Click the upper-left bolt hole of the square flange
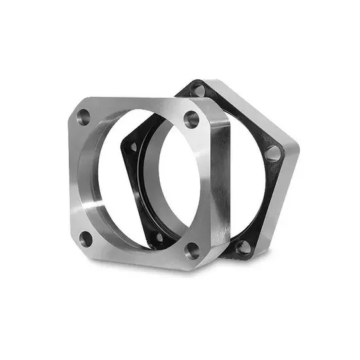pyautogui.click(x=84, y=118)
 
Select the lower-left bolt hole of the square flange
pyautogui.click(x=85, y=239)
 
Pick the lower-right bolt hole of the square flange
pyautogui.click(x=190, y=249)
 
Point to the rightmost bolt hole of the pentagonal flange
pyautogui.click(x=272, y=154)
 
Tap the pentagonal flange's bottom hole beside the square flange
pyautogui.click(x=243, y=247)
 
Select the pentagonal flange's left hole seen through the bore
pyautogui.click(x=134, y=148)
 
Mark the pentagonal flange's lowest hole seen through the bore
pyautogui.click(x=158, y=236)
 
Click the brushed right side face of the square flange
pyautogui.click(x=219, y=183)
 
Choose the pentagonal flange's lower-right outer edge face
pyautogui.click(x=278, y=209)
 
